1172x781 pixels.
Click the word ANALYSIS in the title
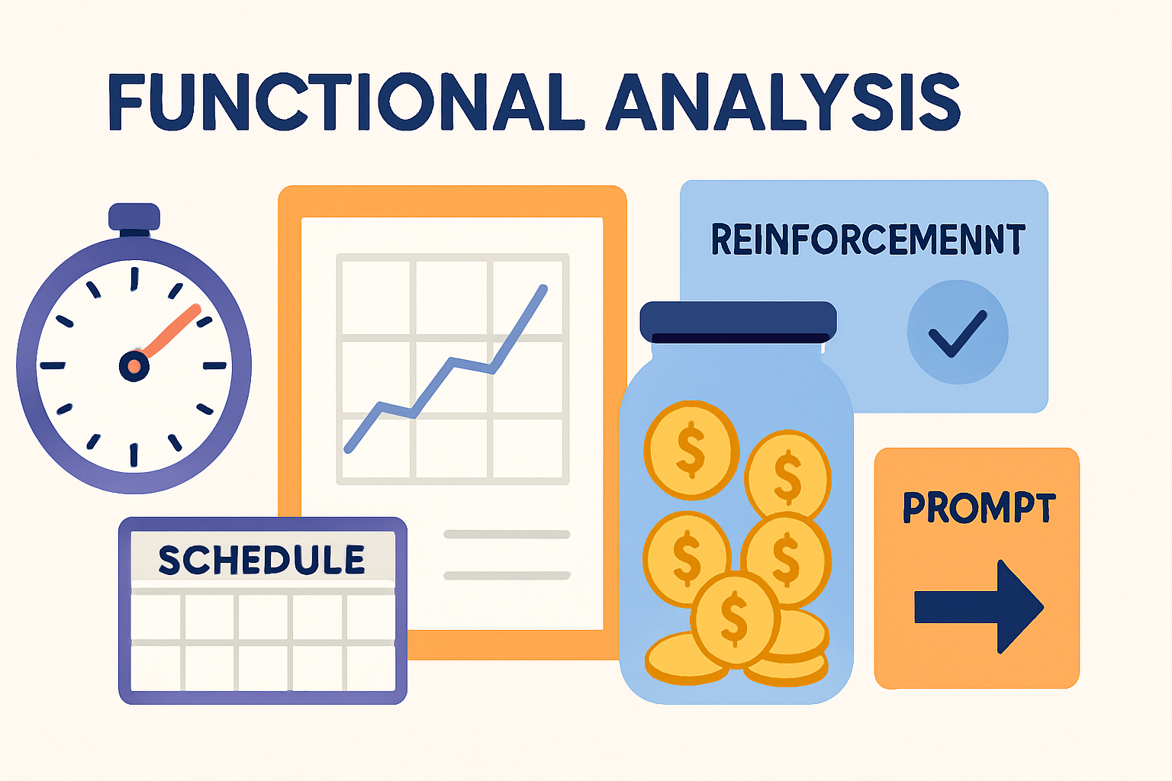pyautogui.click(x=783, y=102)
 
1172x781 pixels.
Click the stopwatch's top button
pyautogui.click(x=134, y=217)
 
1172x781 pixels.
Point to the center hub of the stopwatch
pyautogui.click(x=134, y=366)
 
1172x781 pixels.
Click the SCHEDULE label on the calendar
pyautogui.click(x=262, y=560)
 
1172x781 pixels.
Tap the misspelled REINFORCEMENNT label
pyautogui.click(x=868, y=239)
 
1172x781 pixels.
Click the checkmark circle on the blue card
pyautogui.click(x=958, y=333)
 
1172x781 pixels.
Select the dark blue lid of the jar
pyautogui.click(x=738, y=321)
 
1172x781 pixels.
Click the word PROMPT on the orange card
pyautogui.click(x=978, y=508)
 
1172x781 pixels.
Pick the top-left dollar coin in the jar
pyautogui.click(x=691, y=450)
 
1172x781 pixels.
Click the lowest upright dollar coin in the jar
pyautogui.click(x=735, y=618)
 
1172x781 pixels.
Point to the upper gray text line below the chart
pyautogui.click(x=507, y=535)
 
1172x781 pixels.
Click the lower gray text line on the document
pyautogui.click(x=507, y=576)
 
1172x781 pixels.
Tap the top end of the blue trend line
pyautogui.click(x=543, y=288)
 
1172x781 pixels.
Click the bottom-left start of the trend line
pyautogui.click(x=348, y=450)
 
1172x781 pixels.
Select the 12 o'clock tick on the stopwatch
pyautogui.click(x=134, y=278)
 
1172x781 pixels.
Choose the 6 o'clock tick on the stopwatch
pyautogui.click(x=134, y=455)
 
